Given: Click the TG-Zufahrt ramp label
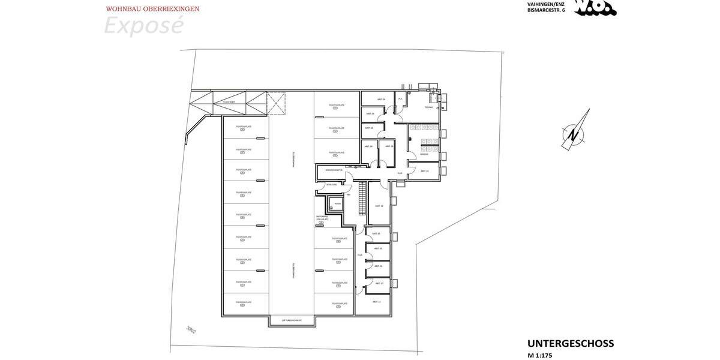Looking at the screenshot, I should (x=228, y=102).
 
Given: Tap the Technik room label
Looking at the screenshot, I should (x=428, y=107).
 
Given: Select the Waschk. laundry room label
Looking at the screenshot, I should (x=424, y=154).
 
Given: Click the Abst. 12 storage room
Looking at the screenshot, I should (x=379, y=206).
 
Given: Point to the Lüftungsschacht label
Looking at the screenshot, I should (x=292, y=321).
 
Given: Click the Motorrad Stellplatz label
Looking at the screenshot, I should (x=322, y=218).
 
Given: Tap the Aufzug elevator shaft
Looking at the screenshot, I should (x=338, y=204).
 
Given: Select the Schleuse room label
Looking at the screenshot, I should (x=332, y=185).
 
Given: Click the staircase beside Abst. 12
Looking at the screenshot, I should (x=362, y=199).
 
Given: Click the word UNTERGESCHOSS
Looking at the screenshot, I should (x=570, y=344).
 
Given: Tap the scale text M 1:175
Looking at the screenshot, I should (x=539, y=355).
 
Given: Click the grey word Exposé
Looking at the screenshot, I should (x=143, y=26).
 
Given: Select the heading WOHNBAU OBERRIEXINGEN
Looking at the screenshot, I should (x=152, y=9).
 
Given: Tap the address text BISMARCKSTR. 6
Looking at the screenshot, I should (x=546, y=10).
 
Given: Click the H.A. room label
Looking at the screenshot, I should (x=400, y=100).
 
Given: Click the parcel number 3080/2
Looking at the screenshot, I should (x=191, y=330).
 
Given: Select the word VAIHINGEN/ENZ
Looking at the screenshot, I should (x=545, y=4).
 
